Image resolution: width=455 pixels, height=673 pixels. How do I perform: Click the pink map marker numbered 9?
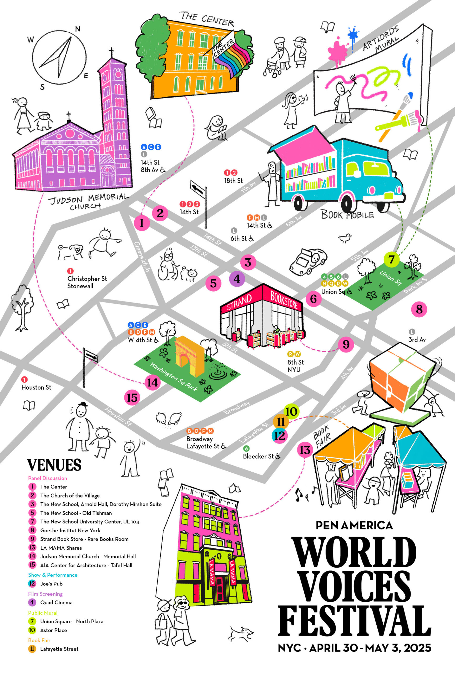pyautogui.click(x=346, y=345)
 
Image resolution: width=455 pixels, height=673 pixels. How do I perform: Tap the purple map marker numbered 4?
pyautogui.click(x=237, y=279)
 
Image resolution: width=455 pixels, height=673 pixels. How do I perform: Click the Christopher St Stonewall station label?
pyautogui.click(x=87, y=282)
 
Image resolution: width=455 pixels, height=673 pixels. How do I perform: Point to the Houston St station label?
pyautogui.click(x=36, y=387)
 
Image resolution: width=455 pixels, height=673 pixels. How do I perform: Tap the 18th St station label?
pyautogui.click(x=234, y=180)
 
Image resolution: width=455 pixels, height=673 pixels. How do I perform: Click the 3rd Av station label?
pyautogui.click(x=417, y=339)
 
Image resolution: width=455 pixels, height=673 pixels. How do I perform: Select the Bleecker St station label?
pyautogui.click(x=258, y=456)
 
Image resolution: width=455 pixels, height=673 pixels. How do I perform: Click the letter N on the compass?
pyautogui.click(x=78, y=29)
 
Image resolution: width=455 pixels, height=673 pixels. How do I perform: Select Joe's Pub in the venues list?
pyautogui.click(x=51, y=584)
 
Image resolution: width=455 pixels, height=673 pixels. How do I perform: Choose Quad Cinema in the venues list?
pyautogui.click(x=56, y=602)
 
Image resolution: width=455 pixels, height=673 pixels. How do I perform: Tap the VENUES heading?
pyautogui.click(x=54, y=465)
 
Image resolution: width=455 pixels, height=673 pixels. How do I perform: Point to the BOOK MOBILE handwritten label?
pyautogui.click(x=347, y=215)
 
